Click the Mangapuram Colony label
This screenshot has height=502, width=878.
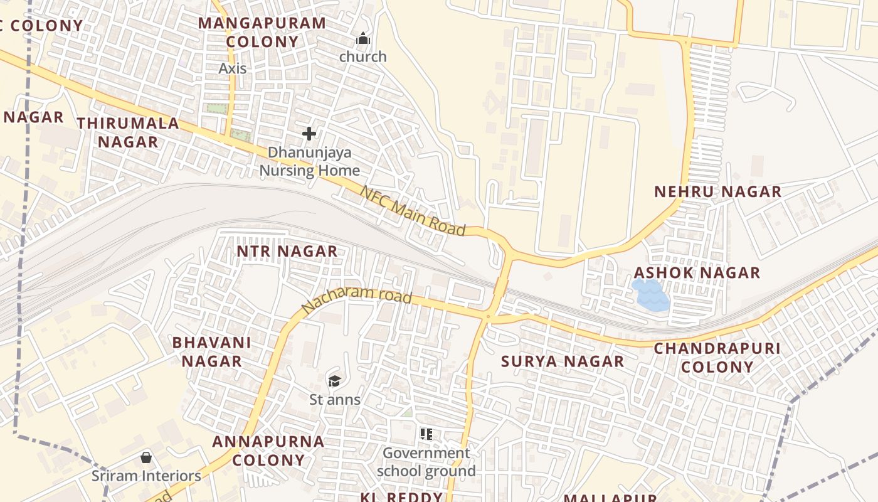[262, 33]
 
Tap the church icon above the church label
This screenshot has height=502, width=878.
[363, 40]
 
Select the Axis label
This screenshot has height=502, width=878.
[233, 68]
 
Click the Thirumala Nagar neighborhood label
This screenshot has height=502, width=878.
[129, 132]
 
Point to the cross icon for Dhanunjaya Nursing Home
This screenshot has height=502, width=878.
[309, 134]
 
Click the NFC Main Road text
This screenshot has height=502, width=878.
[413, 211]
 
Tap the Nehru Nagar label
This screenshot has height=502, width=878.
[718, 192]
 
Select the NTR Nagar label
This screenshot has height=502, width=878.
[287, 252]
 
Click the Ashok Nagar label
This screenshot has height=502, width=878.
[697, 273]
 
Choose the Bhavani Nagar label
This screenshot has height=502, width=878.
[211, 352]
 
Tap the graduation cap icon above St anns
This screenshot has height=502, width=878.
[334, 381]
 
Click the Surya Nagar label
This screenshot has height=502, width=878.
[563, 361]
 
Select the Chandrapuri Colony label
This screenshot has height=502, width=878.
[717, 358]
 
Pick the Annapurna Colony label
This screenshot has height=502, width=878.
[268, 451]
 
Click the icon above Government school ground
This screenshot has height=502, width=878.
[426, 434]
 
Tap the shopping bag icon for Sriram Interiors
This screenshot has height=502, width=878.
[146, 457]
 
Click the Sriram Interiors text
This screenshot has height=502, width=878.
[147, 476]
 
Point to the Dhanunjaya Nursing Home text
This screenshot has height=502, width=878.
[310, 161]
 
